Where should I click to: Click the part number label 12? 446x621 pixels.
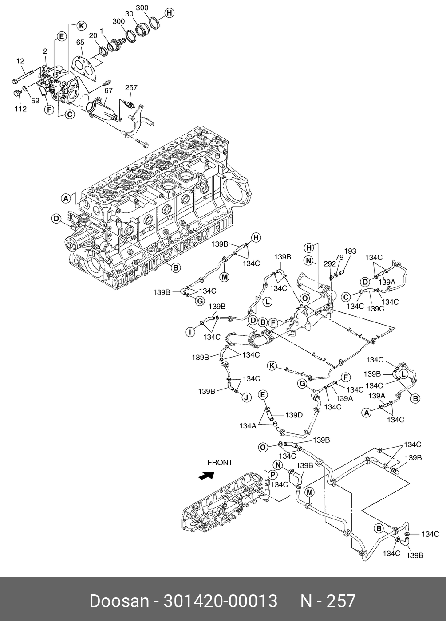(x=20, y=61)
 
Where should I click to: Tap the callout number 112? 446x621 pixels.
(x=20, y=109)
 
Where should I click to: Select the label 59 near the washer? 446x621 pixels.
(x=35, y=101)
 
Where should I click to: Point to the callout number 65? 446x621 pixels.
(x=80, y=43)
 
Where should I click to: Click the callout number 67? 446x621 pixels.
(x=108, y=90)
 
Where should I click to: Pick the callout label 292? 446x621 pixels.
(x=330, y=263)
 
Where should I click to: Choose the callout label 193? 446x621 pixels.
(x=350, y=251)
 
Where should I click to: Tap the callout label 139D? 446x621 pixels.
(x=294, y=415)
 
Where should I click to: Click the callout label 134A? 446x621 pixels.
(x=248, y=426)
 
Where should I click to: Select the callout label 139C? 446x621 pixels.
(x=376, y=309)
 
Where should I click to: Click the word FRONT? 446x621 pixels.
(x=220, y=462)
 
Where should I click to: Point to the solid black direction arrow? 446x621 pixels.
(x=206, y=475)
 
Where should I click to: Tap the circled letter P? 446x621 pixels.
(x=272, y=475)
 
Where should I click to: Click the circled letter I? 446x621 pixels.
(x=190, y=332)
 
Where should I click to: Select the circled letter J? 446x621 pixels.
(x=246, y=397)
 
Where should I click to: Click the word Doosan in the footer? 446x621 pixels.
(x=119, y=601)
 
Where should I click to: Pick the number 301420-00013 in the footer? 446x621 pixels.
(x=220, y=601)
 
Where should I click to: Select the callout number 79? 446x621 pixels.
(x=339, y=257)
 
